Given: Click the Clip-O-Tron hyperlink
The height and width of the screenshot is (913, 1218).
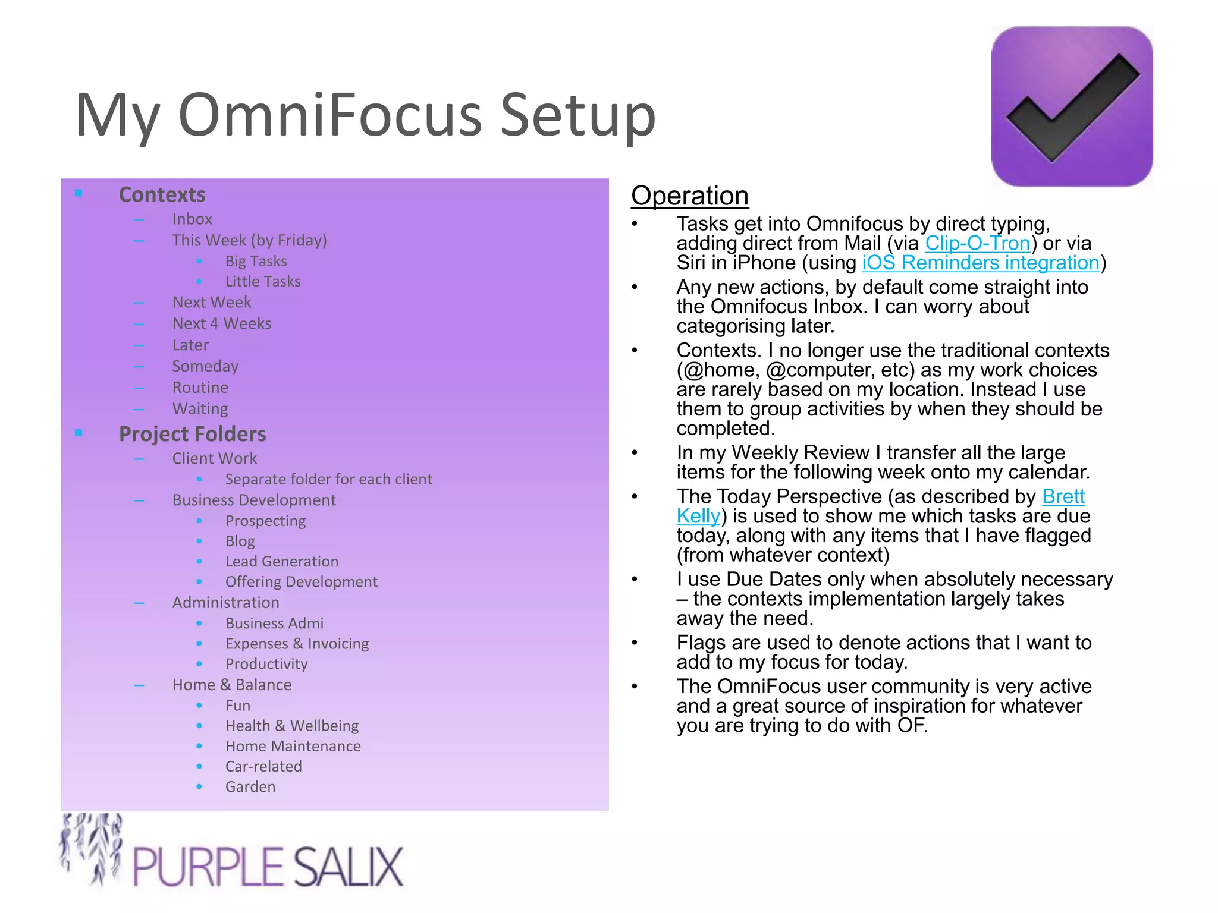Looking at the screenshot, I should coord(977,244).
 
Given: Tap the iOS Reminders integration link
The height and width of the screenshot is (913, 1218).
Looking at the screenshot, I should coord(980,263).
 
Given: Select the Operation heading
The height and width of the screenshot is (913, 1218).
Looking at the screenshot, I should coord(689,196).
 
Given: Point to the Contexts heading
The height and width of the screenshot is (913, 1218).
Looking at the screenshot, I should coord(162,195).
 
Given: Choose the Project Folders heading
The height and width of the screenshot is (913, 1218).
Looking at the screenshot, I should coord(192,434).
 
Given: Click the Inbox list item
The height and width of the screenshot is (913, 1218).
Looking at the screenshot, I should coord(192,219).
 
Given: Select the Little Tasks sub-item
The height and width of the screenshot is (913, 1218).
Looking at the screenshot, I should coord(263,281).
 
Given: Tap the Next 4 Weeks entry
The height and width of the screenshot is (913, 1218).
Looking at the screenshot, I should coord(222,323).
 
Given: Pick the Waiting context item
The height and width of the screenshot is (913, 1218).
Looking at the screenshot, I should coord(200,409).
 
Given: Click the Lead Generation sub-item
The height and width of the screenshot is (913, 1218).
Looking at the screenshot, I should coord(282,561).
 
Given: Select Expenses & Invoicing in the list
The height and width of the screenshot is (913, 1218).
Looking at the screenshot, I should coord(297,644).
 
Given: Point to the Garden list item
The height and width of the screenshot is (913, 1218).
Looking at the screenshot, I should coord(250,786).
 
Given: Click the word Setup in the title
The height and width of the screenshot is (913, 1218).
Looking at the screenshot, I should coord(577,115).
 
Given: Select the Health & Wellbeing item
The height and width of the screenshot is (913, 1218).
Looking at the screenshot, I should coord(292,726).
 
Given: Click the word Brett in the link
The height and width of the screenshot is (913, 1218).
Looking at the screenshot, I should coord(1063,496).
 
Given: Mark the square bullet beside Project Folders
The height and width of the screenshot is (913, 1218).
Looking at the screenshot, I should coord(79,433).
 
